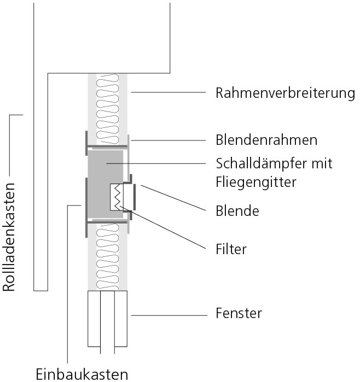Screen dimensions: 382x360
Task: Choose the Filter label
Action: pyautogui.click(x=231, y=249)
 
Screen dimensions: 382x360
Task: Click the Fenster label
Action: pyautogui.click(x=239, y=314)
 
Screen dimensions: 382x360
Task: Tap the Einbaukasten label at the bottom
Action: pyautogui.click(x=82, y=374)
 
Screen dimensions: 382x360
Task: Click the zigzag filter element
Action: pyautogui.click(x=118, y=197)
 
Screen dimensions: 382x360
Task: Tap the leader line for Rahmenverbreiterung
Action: pyautogui.click(x=164, y=92)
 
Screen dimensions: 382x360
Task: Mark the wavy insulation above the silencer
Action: pyautogui.click(x=108, y=107)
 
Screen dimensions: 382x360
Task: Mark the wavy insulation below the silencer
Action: pyautogui.click(x=108, y=257)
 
